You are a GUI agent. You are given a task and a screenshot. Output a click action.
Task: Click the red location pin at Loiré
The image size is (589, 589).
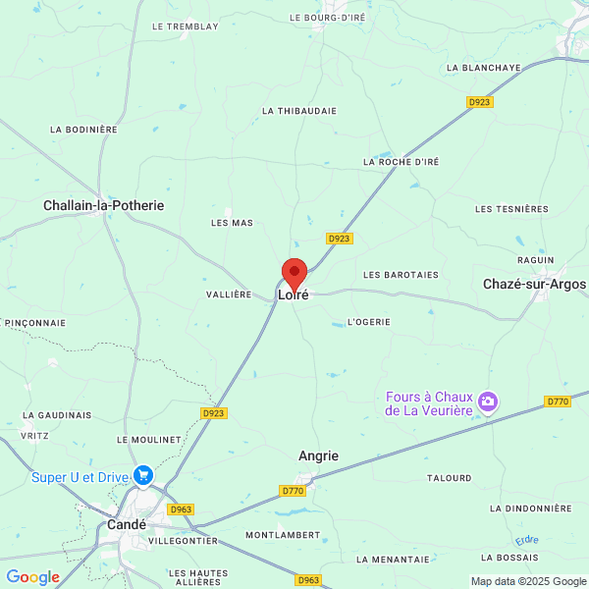point(294,273)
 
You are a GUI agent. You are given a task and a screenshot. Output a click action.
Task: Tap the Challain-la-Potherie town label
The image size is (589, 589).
point(103,205)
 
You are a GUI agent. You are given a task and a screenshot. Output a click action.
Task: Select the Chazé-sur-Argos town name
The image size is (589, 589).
point(534,284)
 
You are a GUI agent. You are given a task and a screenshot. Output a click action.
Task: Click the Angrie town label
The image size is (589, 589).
point(318,455)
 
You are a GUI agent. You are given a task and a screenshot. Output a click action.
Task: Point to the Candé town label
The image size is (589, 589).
point(127,524)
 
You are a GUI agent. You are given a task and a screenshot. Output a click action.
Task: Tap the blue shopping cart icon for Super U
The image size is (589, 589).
point(144,476)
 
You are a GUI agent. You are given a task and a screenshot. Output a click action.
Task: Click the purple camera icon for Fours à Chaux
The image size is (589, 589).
point(488,402)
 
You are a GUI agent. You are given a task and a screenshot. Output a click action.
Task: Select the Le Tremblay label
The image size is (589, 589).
point(186,27)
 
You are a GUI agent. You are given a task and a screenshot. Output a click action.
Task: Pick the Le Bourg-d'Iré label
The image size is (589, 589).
point(327,17)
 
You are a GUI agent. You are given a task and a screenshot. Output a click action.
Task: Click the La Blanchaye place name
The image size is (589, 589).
point(483,68)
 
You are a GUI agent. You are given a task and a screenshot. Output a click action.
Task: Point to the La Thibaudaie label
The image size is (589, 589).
point(299,111)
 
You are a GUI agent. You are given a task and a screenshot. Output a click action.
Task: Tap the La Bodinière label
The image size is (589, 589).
point(83,129)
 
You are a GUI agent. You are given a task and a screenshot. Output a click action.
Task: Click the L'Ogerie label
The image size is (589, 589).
point(369,321)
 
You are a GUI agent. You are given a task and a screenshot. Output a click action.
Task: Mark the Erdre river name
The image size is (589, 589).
point(527,541)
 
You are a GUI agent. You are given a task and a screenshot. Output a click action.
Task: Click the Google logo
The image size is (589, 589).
point(32,577)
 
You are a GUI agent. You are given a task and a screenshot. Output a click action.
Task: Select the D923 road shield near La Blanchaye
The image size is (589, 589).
point(479,101)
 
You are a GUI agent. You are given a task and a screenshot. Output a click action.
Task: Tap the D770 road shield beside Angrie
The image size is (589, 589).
point(293,490)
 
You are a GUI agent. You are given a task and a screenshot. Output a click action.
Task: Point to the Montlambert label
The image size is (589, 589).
point(283,535)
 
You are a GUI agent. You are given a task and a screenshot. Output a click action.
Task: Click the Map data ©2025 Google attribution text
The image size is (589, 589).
point(528,581)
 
